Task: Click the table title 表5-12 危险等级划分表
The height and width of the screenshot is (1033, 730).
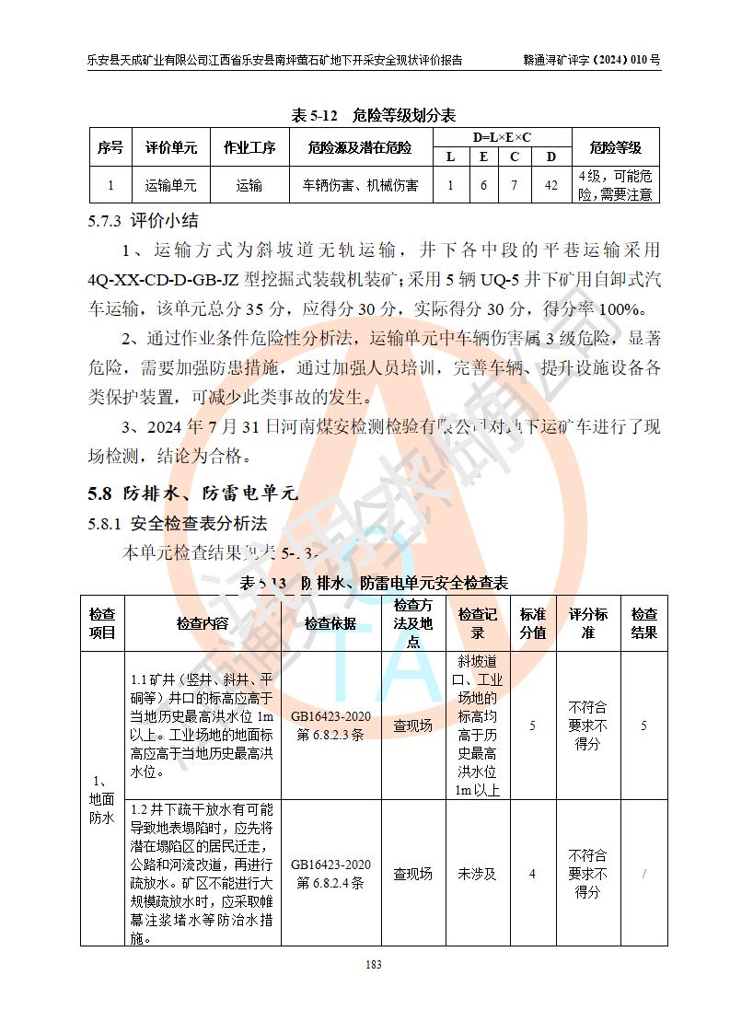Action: click(373, 116)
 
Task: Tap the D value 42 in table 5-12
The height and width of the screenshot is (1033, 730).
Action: click(550, 185)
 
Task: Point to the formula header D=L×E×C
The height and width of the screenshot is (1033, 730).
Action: click(502, 137)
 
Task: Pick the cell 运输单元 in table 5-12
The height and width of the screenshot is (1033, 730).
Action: click(170, 185)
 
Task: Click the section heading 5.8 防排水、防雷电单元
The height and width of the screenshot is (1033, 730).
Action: click(193, 493)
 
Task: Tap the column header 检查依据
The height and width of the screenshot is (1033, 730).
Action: click(330, 623)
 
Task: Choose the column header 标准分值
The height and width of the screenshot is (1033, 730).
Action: click(532, 623)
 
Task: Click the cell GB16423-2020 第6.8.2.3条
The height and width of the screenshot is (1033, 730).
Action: click(330, 725)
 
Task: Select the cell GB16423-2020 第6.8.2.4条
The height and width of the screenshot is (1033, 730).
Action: click(330, 874)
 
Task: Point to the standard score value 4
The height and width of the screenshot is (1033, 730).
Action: click(532, 874)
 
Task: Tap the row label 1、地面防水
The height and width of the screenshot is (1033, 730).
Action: click(101, 799)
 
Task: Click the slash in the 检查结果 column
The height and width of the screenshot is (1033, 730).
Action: click(643, 874)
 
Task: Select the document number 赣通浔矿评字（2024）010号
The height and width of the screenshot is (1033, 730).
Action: click(591, 61)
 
